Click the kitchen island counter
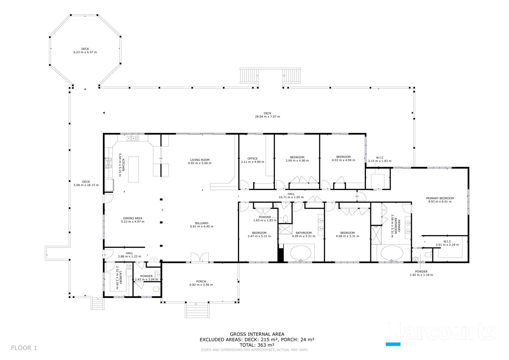pyautogui.click(x=133, y=169)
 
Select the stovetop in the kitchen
pyautogui.click(x=108, y=163)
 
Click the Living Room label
pyautogui.click(x=200, y=160)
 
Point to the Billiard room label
pyautogui.click(x=202, y=223)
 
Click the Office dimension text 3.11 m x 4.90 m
pyautogui.click(x=252, y=162)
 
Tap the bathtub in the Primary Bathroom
pyautogui.click(x=392, y=253)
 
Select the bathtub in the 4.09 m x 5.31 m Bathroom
pyautogui.click(x=301, y=253)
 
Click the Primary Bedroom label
pyautogui.click(x=440, y=198)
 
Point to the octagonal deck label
pyautogui.click(x=85, y=49)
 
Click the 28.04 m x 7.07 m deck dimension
pyautogui.click(x=267, y=117)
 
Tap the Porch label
pyautogui.click(x=201, y=282)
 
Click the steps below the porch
pyautogui.click(x=197, y=310)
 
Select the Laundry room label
pyautogui.click(x=120, y=277)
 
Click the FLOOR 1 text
pyautogui.click(x=24, y=348)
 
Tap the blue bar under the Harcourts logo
pyautogui.click(x=393, y=344)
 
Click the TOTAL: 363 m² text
pyautogui.click(x=257, y=345)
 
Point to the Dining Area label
pyautogui.click(x=132, y=218)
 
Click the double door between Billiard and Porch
pyautogui.click(x=200, y=257)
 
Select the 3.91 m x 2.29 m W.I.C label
pyautogui.click(x=447, y=242)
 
